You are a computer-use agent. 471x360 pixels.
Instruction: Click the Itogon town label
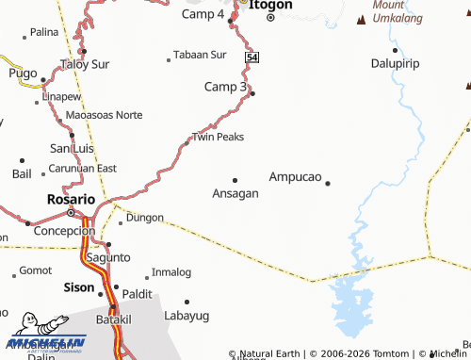[x=271, y=5]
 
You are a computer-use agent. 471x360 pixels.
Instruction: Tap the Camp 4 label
[x=203, y=15]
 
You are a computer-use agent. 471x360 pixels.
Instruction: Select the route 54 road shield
[x=252, y=57]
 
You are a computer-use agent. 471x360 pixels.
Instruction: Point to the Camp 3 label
[x=225, y=87]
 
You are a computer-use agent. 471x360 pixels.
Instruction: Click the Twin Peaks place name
[x=218, y=137]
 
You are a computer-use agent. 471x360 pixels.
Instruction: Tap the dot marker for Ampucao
[x=328, y=183]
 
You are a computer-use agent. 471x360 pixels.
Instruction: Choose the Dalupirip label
[x=394, y=63]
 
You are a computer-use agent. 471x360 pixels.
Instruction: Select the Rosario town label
[x=71, y=200]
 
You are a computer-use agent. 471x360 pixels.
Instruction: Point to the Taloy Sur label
[x=86, y=64]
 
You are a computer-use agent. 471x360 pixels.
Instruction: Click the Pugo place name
[x=23, y=73]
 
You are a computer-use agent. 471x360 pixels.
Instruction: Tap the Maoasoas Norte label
[x=105, y=115]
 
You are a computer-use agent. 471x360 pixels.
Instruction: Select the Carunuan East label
[x=83, y=168]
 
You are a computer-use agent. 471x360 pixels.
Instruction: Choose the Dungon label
[x=144, y=217]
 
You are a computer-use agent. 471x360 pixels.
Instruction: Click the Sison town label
[x=78, y=287]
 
